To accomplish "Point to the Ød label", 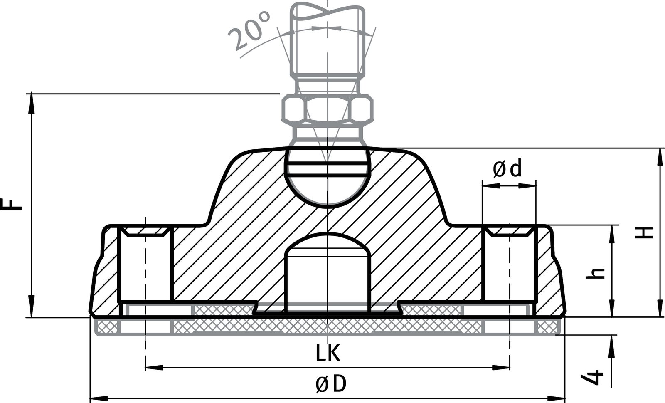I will pyautogui.click(x=507, y=169).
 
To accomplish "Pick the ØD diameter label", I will pyautogui.click(x=330, y=384).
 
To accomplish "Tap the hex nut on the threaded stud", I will pyautogui.click(x=328, y=109).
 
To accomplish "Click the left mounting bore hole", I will pyautogui.click(x=145, y=266).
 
